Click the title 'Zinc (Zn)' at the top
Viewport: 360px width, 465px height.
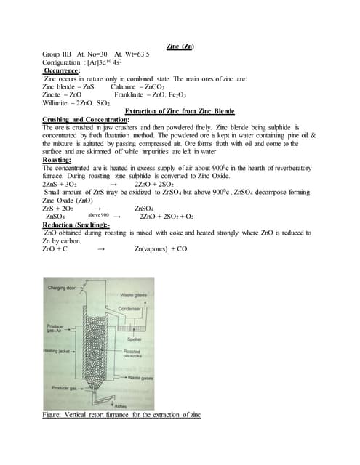(x=180, y=46)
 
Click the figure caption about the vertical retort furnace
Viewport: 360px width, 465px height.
(x=121, y=415)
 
